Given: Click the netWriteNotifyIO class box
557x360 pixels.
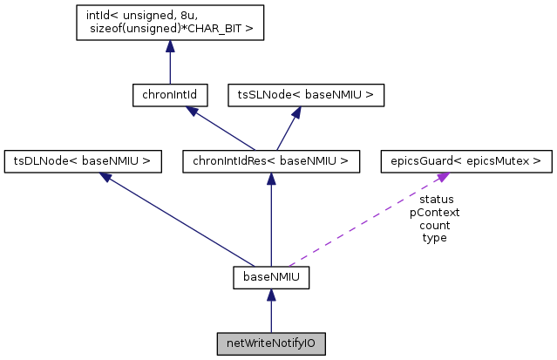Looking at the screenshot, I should tap(271, 343).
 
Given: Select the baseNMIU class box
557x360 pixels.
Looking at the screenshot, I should tap(271, 278).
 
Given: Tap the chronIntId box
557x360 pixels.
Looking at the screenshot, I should tap(169, 95).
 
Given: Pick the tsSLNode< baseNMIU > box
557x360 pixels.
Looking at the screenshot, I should tap(305, 95).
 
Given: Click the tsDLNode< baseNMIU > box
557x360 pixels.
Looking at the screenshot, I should tap(83, 160).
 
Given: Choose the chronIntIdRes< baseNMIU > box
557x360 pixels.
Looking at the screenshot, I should tap(271, 160).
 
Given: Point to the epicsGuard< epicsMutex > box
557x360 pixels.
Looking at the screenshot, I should tap(466, 160).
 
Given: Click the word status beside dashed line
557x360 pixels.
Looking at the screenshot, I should tap(436, 199).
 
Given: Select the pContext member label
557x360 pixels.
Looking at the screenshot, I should tap(434, 212).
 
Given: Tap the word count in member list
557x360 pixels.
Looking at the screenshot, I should tap(434, 225).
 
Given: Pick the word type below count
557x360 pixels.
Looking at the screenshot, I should tap(434, 237).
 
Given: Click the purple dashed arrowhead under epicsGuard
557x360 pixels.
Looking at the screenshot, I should tap(444, 177).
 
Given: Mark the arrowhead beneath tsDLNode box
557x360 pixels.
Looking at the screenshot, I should tap(105, 177).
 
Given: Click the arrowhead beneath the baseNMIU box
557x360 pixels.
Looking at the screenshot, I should tap(271, 296).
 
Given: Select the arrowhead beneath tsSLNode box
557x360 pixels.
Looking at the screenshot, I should tap(296, 112).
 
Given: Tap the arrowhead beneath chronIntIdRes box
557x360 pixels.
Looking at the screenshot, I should tap(271, 178).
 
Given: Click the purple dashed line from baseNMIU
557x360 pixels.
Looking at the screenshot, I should tap(366, 221).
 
